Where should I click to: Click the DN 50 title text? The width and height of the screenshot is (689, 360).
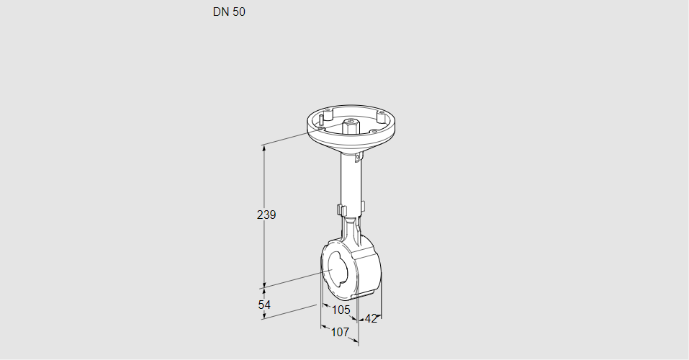pyautogui.click(x=229, y=12)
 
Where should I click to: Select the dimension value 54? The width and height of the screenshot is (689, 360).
pyautogui.click(x=265, y=305)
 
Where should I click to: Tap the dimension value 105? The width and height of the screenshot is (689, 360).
pyautogui.click(x=341, y=310)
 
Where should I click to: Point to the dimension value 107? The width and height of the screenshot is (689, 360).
pyautogui.click(x=339, y=332)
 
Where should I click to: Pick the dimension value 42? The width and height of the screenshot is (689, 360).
pyautogui.click(x=371, y=319)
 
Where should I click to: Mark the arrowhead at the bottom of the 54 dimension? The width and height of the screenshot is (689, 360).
pyautogui.click(x=264, y=318)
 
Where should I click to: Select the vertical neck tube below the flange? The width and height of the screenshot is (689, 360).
pyautogui.click(x=351, y=180)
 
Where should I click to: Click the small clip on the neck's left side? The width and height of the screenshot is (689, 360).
pyautogui.click(x=341, y=210)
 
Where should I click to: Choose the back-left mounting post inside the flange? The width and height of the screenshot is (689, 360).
pyautogui.click(x=327, y=113)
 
